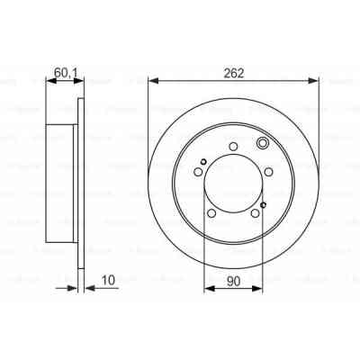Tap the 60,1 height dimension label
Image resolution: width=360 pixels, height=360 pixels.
[65, 68]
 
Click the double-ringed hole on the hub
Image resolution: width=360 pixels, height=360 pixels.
[262, 144]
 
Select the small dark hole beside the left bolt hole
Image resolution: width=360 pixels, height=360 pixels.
[203, 162]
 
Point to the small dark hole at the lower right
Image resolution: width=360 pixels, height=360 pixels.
[262, 206]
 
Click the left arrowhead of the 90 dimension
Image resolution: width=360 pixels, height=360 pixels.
[207, 288]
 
